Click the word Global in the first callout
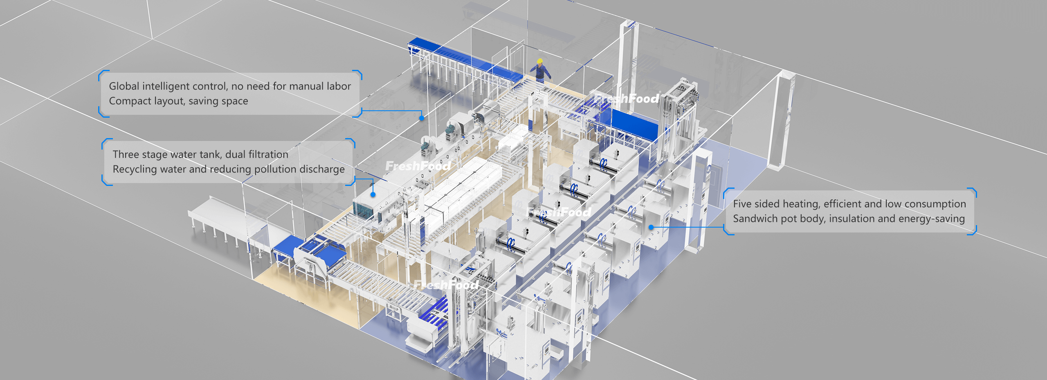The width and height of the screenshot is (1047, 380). pyautogui.click(x=124, y=86)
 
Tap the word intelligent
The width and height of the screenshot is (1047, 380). pyautogui.click(x=166, y=87)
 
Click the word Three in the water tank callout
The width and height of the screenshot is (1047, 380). pyautogui.click(x=126, y=154)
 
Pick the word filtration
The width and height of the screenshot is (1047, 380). pyautogui.click(x=268, y=154)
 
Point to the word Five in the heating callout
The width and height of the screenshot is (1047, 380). pyautogui.click(x=742, y=204)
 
